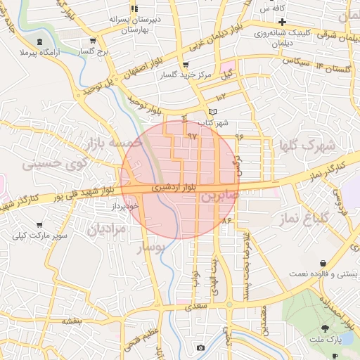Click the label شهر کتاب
pos(214,123)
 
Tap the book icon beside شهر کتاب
pos(214,112)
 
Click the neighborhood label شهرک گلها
pos(305,146)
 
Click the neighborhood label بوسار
pos(149,247)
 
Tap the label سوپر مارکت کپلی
pos(44,236)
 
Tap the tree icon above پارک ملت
pos(324,328)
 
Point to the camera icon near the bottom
pos(200,348)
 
